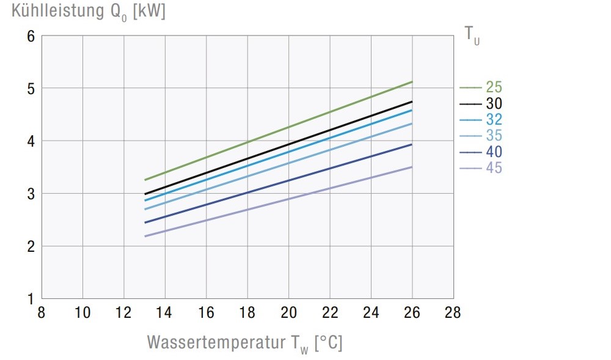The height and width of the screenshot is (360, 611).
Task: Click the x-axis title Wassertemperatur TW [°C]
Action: (x=244, y=342)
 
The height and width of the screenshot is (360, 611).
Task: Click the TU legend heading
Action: (x=472, y=35)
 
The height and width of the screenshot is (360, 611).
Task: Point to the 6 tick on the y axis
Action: (x=30, y=36)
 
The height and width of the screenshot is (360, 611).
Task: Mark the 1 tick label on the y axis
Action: (x=30, y=299)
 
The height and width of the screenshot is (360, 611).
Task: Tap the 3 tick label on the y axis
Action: (x=30, y=194)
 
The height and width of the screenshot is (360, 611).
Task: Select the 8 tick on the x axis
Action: (x=42, y=313)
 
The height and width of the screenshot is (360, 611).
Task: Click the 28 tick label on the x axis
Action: (x=453, y=313)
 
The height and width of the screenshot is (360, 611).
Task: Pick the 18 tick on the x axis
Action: (x=247, y=313)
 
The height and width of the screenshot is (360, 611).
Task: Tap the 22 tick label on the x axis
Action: (x=329, y=313)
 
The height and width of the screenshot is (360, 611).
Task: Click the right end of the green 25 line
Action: (x=412, y=81)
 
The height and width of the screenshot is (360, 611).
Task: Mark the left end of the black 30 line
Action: (x=145, y=194)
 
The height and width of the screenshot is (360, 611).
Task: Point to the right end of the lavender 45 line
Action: (x=412, y=167)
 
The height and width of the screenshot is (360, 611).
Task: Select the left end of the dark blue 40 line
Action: (x=145, y=222)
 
